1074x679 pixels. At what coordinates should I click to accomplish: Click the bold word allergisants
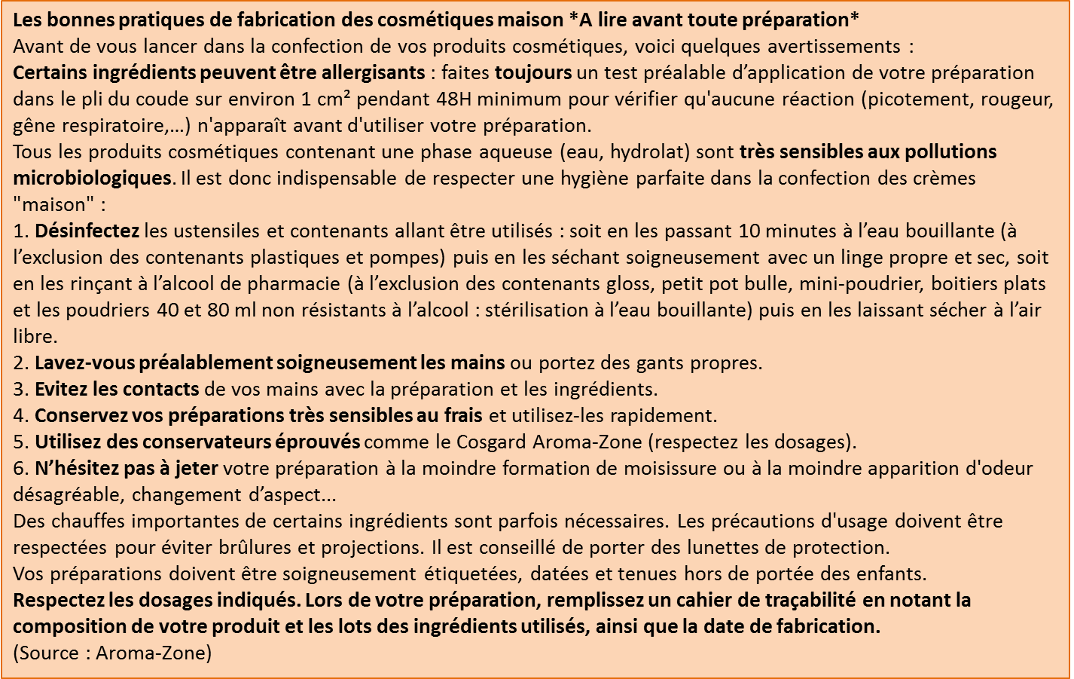coord(373,73)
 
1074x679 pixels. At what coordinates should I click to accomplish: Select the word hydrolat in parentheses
coord(649,152)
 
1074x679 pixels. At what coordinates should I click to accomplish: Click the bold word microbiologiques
coord(92,179)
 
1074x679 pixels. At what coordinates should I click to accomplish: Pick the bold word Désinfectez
coord(87,231)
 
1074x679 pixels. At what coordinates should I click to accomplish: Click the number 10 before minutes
coord(749,231)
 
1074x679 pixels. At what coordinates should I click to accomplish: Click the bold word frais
coord(462,416)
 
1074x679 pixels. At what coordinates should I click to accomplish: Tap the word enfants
coord(894,574)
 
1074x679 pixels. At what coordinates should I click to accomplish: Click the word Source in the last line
coord(49,653)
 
